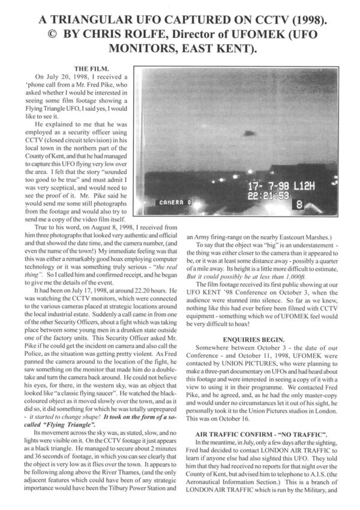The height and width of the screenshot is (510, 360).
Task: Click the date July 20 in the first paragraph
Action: point(57,77)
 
